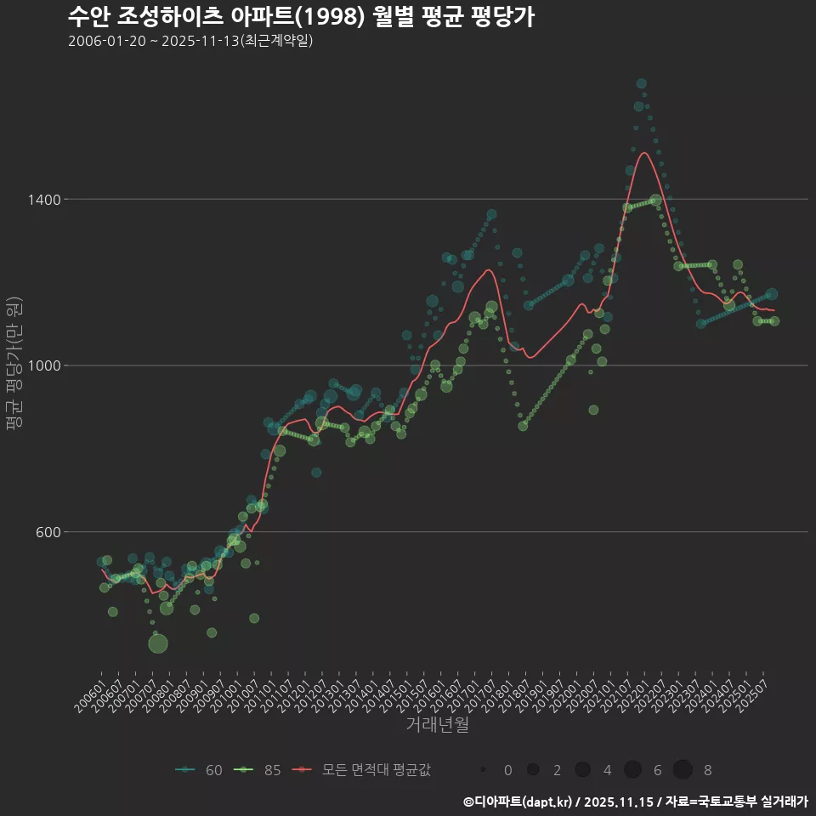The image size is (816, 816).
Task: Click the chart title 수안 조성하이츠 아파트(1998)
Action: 301,17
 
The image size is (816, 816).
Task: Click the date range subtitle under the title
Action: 190,41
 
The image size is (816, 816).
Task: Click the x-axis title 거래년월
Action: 437,725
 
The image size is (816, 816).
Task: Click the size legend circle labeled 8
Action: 683,770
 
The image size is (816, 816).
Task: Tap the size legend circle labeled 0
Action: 483,770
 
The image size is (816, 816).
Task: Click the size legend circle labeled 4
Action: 582,770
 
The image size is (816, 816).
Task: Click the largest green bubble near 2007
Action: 158,643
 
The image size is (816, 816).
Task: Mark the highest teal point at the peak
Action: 642,83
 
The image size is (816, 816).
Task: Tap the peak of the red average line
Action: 644,153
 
